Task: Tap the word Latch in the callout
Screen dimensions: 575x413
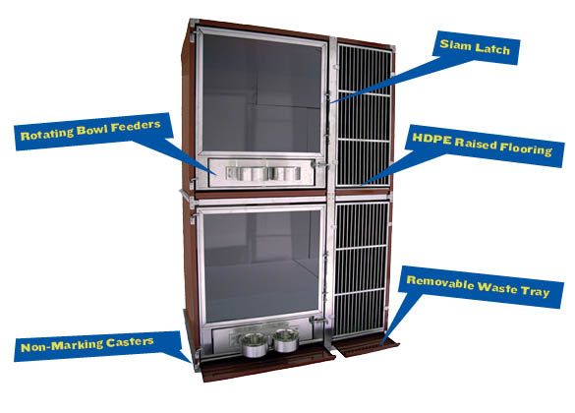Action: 491,48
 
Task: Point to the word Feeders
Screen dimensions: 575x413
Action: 136,126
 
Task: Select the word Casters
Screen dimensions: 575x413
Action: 130,342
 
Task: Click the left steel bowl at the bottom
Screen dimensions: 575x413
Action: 253,344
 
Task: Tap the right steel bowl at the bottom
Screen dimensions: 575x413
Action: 286,340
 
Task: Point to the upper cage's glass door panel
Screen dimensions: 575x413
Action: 261,92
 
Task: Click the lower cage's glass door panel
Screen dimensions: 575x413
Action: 261,265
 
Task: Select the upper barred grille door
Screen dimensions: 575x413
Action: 364,114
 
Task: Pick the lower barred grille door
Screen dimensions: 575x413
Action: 360,269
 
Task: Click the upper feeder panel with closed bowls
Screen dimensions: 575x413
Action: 262,173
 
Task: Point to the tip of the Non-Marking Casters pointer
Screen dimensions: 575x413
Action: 191,362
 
